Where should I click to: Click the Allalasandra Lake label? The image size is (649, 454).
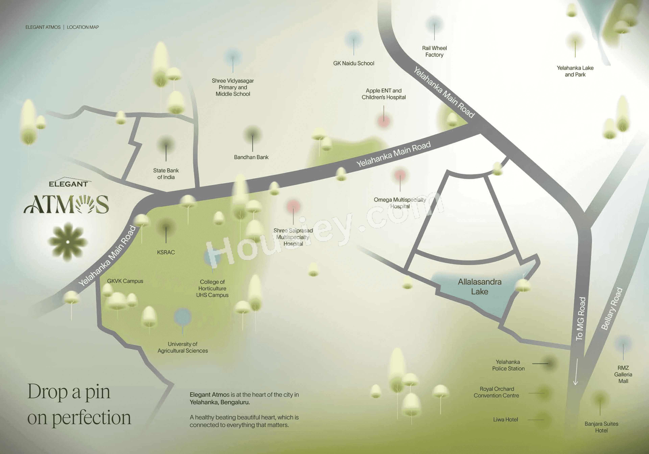click(480, 286)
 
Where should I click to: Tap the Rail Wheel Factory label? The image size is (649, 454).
click(434, 51)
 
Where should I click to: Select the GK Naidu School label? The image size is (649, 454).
click(354, 63)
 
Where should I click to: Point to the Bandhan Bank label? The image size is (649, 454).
click(251, 157)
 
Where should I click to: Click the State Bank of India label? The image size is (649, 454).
click(166, 174)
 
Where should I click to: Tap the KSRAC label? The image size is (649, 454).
click(166, 252)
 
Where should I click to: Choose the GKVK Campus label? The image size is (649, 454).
click(125, 281)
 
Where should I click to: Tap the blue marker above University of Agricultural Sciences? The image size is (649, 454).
click(183, 316)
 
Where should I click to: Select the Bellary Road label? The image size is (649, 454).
click(612, 309)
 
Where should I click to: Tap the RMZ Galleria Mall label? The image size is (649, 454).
click(623, 374)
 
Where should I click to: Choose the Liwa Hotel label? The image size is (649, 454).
click(505, 420)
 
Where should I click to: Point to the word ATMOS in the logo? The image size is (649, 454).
click(66, 204)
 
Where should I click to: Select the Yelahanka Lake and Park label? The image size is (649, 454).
click(575, 71)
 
